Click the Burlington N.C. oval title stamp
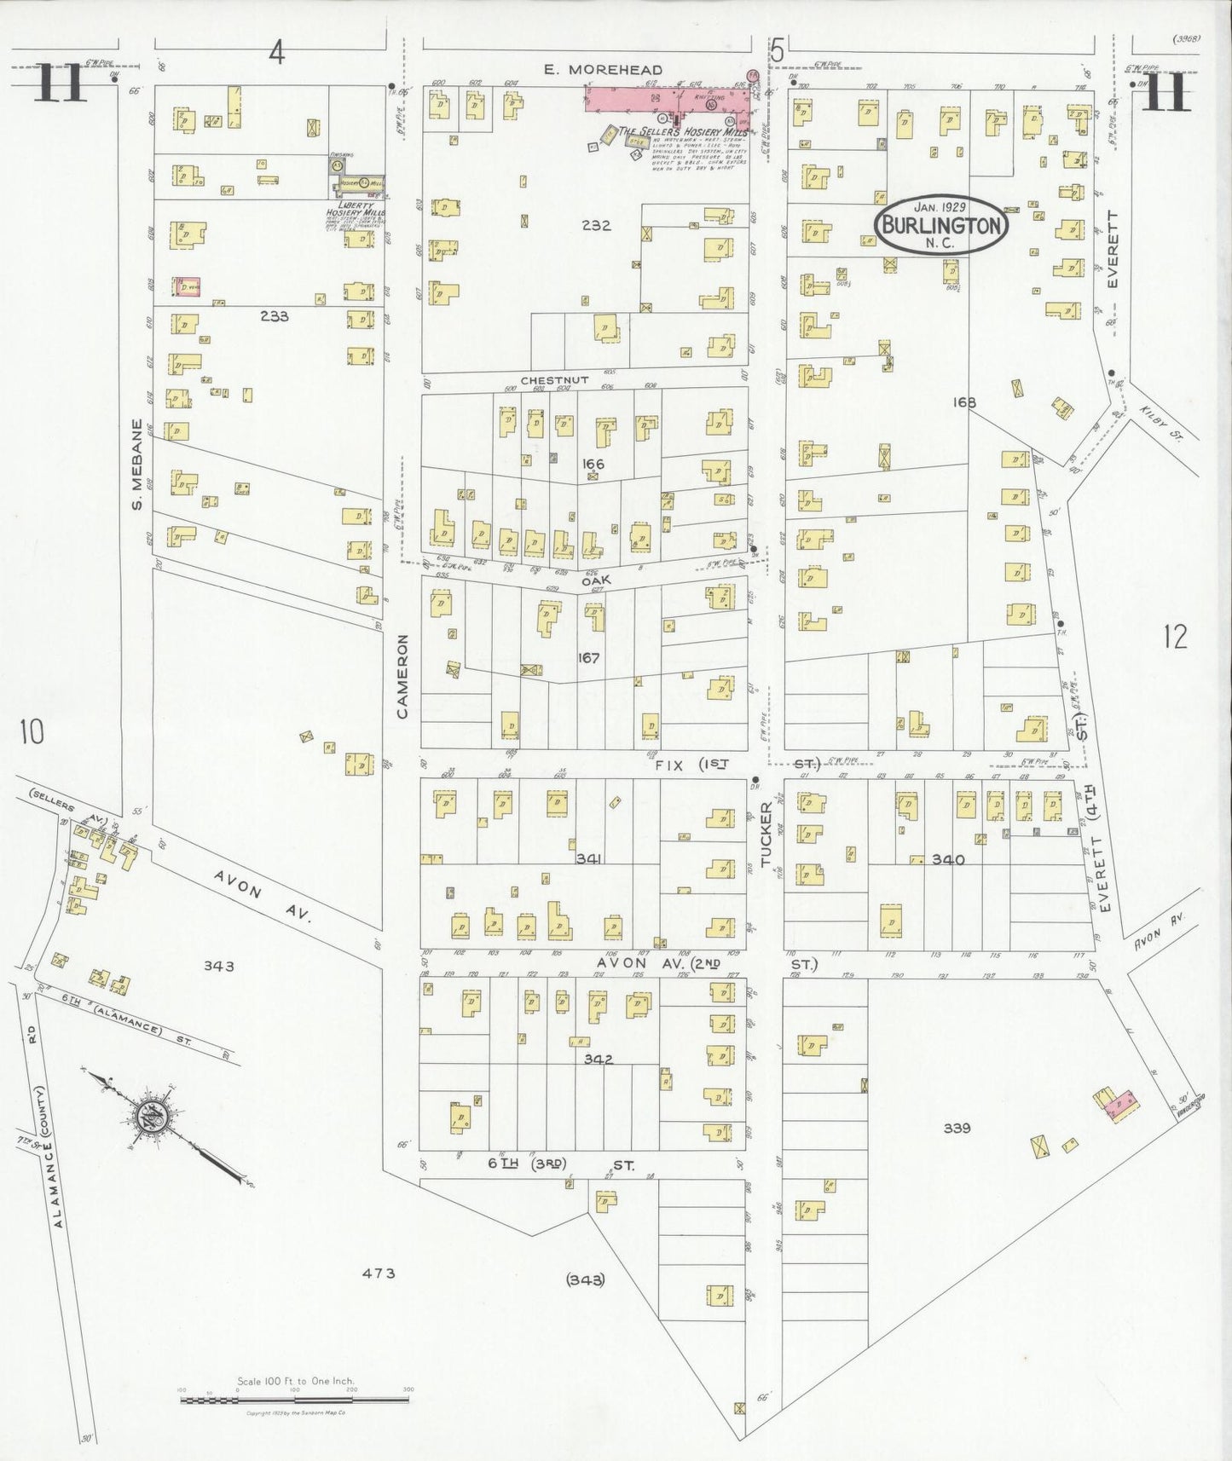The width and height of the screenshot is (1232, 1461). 940,225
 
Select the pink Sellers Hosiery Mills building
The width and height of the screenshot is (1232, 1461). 669,98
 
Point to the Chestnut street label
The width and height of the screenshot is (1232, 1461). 543,379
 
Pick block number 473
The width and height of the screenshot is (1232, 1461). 378,1273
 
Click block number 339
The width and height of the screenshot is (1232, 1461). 957,1128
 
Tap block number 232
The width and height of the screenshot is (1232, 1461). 595,226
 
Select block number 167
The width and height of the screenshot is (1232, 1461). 588,657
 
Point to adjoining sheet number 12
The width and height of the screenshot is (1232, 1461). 1174,636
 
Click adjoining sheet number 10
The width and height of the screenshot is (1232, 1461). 32,731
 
